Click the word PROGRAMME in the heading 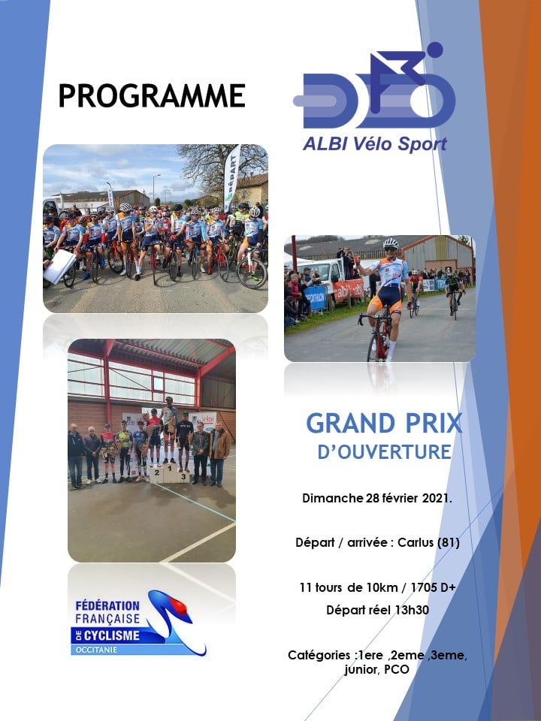151,95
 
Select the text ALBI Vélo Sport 374,144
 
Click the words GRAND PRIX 384,424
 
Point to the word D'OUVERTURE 384,451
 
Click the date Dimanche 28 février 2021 377,498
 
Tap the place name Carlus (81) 428,542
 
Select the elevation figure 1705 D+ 433,587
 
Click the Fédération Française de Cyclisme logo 138,623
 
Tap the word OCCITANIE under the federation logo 95,650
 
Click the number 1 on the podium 169,469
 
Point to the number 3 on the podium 183,476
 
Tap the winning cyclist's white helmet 391,243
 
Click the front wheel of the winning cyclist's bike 373,348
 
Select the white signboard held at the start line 60,267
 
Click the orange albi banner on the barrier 348,290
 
